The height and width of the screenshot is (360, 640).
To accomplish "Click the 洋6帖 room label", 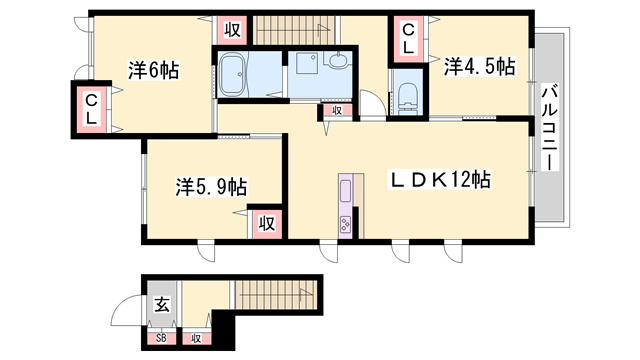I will pos(153,70).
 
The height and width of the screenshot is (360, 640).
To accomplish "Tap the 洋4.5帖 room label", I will pos(479,67).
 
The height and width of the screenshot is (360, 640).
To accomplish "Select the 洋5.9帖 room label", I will pos(211,186).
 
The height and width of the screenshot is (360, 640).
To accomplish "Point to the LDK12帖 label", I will pos(439,181).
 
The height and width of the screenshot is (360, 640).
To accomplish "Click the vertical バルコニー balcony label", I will pos(549,128).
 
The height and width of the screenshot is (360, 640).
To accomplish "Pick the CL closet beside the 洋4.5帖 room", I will pos(409,40).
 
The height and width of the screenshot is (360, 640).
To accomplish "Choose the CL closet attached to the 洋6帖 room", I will pos(90,108).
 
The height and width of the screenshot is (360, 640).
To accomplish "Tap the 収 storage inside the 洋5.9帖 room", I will pos(266,223).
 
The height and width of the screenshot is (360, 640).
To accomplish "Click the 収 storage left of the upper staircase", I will pos(231,29).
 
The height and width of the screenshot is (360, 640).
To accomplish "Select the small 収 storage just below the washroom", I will pos(337,111).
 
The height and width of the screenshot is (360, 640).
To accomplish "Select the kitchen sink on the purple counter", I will pos(345,190).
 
